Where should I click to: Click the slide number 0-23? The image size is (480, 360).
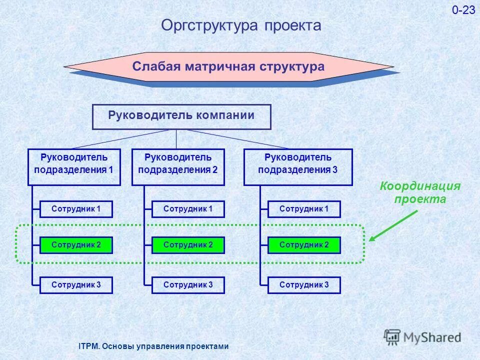pyautogui.click(x=463, y=10)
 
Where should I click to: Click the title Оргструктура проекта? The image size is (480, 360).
pyautogui.click(x=240, y=25)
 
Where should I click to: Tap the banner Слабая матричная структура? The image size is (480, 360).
pyautogui.click(x=228, y=66)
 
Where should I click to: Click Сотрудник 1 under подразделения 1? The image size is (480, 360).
pyautogui.click(x=76, y=209)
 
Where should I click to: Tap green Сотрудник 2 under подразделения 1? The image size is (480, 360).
pyautogui.click(x=76, y=245)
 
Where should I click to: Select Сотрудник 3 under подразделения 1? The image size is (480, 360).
pyautogui.click(x=76, y=285)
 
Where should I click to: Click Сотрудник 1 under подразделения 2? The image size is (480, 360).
pyautogui.click(x=188, y=209)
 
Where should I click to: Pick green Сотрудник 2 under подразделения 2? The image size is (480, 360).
pyautogui.click(x=188, y=245)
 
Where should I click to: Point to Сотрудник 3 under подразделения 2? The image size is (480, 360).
pyautogui.click(x=188, y=285)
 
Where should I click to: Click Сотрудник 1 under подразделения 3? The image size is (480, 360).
pyautogui.click(x=304, y=209)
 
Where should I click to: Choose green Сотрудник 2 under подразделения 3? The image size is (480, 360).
pyautogui.click(x=304, y=245)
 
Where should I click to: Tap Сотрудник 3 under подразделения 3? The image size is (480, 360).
pyautogui.click(x=304, y=285)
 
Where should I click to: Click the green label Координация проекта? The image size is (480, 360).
pyautogui.click(x=420, y=192)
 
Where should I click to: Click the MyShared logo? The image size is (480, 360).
pyautogui.click(x=422, y=337)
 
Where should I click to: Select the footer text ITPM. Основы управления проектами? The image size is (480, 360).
pyautogui.click(x=154, y=346)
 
